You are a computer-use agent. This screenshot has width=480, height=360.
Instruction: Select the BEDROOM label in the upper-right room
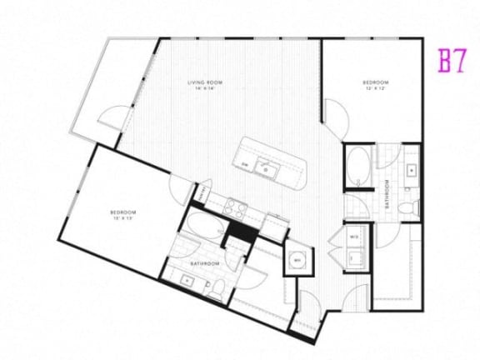pos(376,83)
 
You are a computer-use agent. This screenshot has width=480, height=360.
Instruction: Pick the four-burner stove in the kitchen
pos(235,208)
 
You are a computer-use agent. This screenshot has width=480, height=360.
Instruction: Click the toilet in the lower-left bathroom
pos(217,287)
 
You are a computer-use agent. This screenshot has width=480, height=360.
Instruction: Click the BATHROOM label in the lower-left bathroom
pos(205,263)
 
